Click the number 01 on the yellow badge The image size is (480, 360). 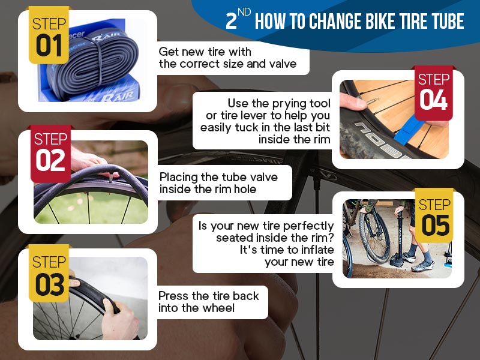49,46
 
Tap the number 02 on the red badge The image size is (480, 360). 50,160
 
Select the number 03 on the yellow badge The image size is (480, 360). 50,284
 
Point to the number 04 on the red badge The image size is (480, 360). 433,100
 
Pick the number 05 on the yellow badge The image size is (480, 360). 436,226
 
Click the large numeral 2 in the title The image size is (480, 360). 231,21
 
